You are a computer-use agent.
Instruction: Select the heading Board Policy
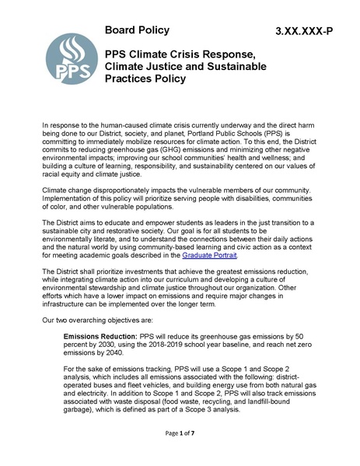(145, 30)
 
